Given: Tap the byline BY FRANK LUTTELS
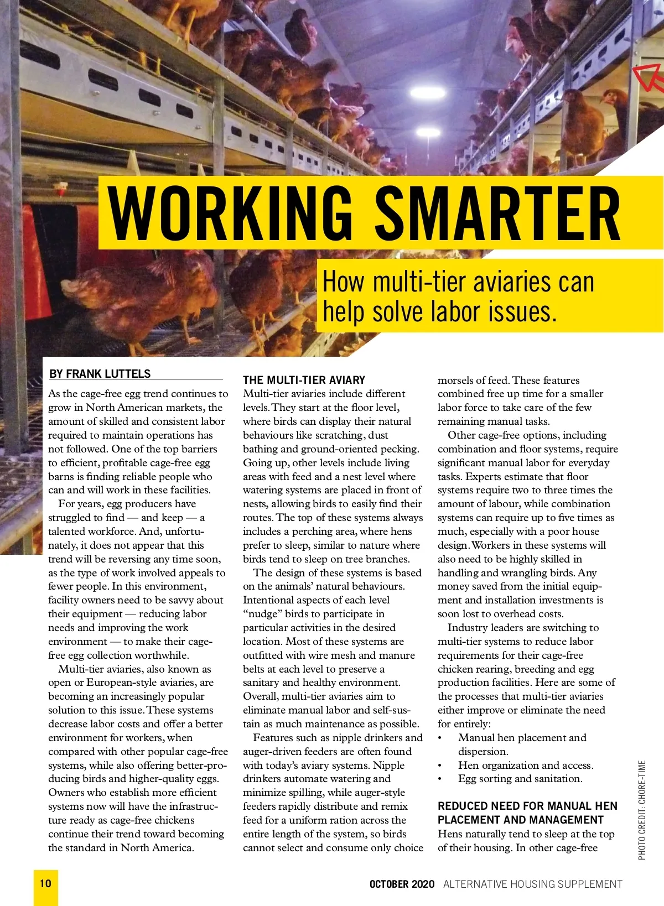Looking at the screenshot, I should pos(100,374).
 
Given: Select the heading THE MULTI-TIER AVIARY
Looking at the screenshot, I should pos(304,380).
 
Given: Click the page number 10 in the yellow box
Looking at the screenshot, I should pos(45,883).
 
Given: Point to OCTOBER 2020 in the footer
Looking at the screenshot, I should pos(402,884).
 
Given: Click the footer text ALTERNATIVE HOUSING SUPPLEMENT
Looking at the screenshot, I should pos(533,884).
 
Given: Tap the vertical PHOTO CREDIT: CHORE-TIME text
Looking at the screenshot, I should pos(642,810).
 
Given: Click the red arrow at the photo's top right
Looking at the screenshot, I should pos(647,77).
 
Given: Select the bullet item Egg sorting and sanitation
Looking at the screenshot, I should pos(520,779).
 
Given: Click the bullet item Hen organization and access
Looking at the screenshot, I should pos(525,765).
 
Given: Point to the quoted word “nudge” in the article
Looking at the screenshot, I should pos(263,614).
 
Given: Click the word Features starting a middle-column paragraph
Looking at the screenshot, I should pos(275,737).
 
